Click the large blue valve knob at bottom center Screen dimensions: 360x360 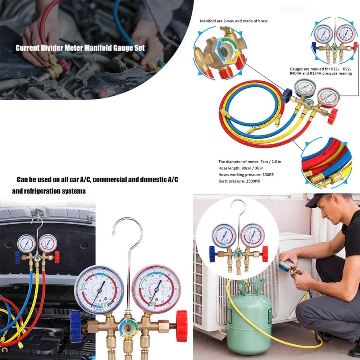(76, 326)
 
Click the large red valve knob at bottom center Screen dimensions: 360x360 (182, 325)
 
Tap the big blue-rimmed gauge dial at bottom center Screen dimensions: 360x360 (99, 290)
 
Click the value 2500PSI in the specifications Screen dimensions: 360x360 (250, 181)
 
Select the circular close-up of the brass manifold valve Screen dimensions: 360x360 (219, 53)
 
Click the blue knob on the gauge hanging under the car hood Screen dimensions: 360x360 (17, 257)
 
